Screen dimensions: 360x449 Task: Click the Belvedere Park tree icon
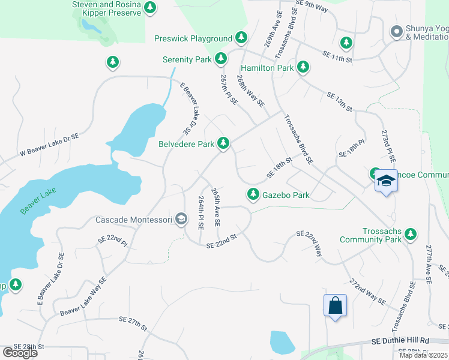click(223, 143)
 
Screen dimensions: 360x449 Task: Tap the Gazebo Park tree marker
click(253, 194)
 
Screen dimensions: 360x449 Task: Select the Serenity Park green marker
click(221, 58)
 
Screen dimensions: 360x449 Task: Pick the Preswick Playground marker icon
click(241, 38)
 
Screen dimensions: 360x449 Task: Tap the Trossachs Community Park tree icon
click(411, 233)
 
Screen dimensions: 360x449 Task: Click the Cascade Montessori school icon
click(181, 219)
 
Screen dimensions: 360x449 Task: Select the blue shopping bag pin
click(335, 305)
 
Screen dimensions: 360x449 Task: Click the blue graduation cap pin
click(386, 181)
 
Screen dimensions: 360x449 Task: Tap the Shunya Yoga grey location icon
click(396, 31)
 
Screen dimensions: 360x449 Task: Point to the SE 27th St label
click(133, 323)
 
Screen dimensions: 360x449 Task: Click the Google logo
click(20, 353)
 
